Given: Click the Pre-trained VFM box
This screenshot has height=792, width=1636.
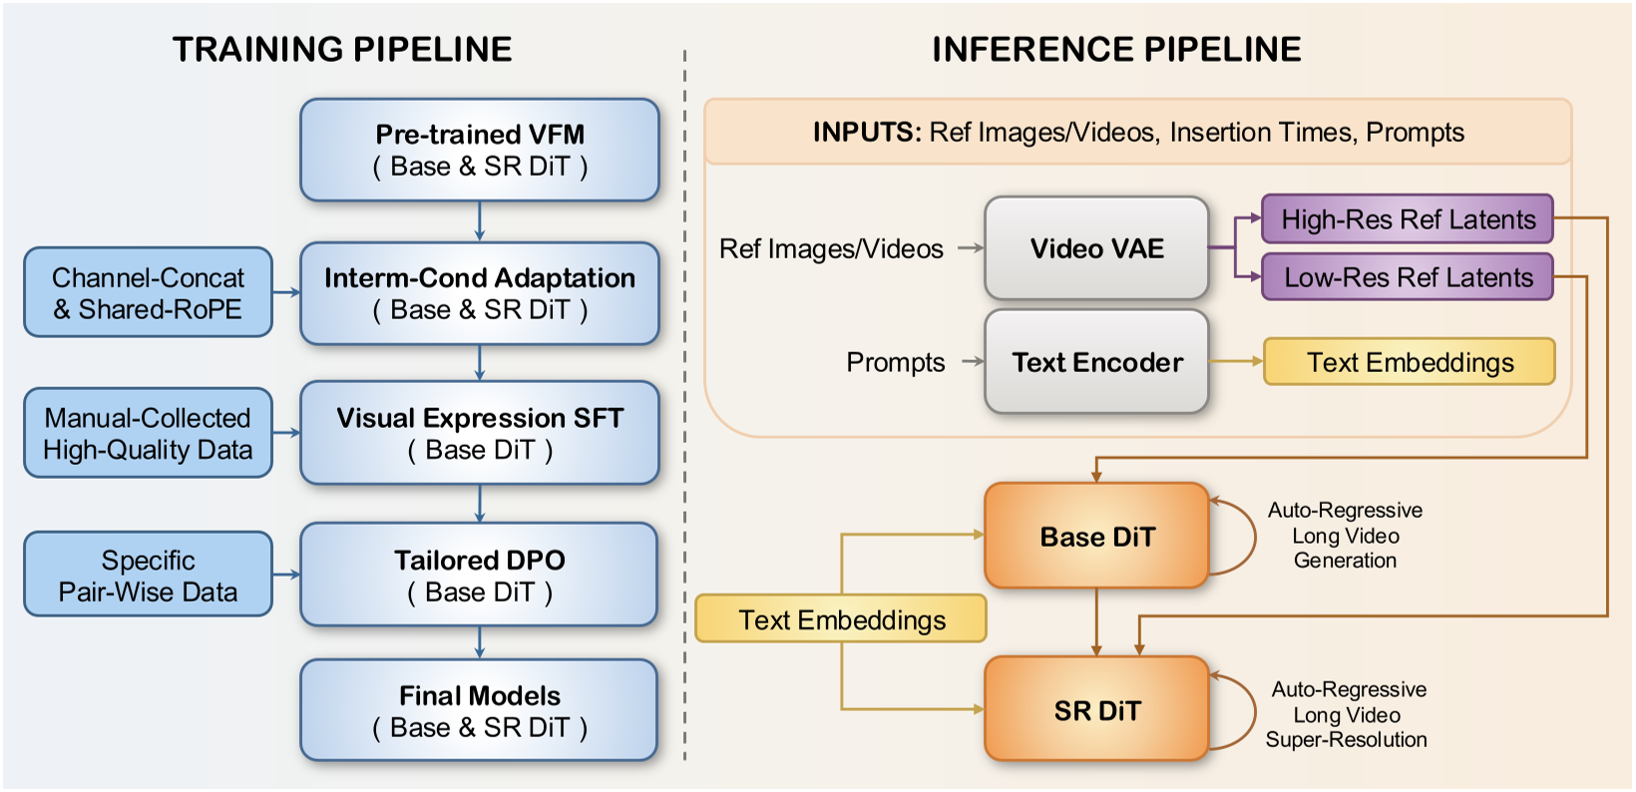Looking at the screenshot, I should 480,150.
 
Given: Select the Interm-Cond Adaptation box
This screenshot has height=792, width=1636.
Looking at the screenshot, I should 480,293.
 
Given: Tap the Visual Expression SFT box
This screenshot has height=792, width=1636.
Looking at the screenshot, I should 480,433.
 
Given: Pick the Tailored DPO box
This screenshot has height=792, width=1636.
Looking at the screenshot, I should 480,575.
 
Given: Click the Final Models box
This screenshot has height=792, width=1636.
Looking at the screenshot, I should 480,710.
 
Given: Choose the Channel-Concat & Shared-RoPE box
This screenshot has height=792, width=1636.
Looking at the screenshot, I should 148,292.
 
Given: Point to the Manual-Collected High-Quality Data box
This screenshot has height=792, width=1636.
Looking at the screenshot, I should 148,433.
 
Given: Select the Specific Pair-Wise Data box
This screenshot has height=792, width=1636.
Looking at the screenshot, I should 148,575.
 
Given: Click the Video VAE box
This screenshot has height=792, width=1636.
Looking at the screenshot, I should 1096,248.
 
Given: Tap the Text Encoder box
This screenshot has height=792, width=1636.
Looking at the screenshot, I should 1096,362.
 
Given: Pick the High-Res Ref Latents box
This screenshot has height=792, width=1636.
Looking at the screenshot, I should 1408,219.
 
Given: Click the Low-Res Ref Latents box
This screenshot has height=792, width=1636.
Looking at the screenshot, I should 1408,277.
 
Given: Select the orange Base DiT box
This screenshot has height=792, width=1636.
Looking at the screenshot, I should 1096,537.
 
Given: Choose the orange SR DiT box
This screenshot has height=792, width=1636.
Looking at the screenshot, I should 1096,710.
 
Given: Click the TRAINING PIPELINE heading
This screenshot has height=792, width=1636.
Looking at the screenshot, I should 342,49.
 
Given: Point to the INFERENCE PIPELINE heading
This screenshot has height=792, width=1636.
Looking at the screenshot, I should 1116,49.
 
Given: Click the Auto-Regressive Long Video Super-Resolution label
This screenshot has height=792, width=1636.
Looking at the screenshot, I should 1347,714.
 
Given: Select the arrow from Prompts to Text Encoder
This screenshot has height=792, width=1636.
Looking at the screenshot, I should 972,362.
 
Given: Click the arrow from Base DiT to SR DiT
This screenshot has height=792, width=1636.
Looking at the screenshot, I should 1096,621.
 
